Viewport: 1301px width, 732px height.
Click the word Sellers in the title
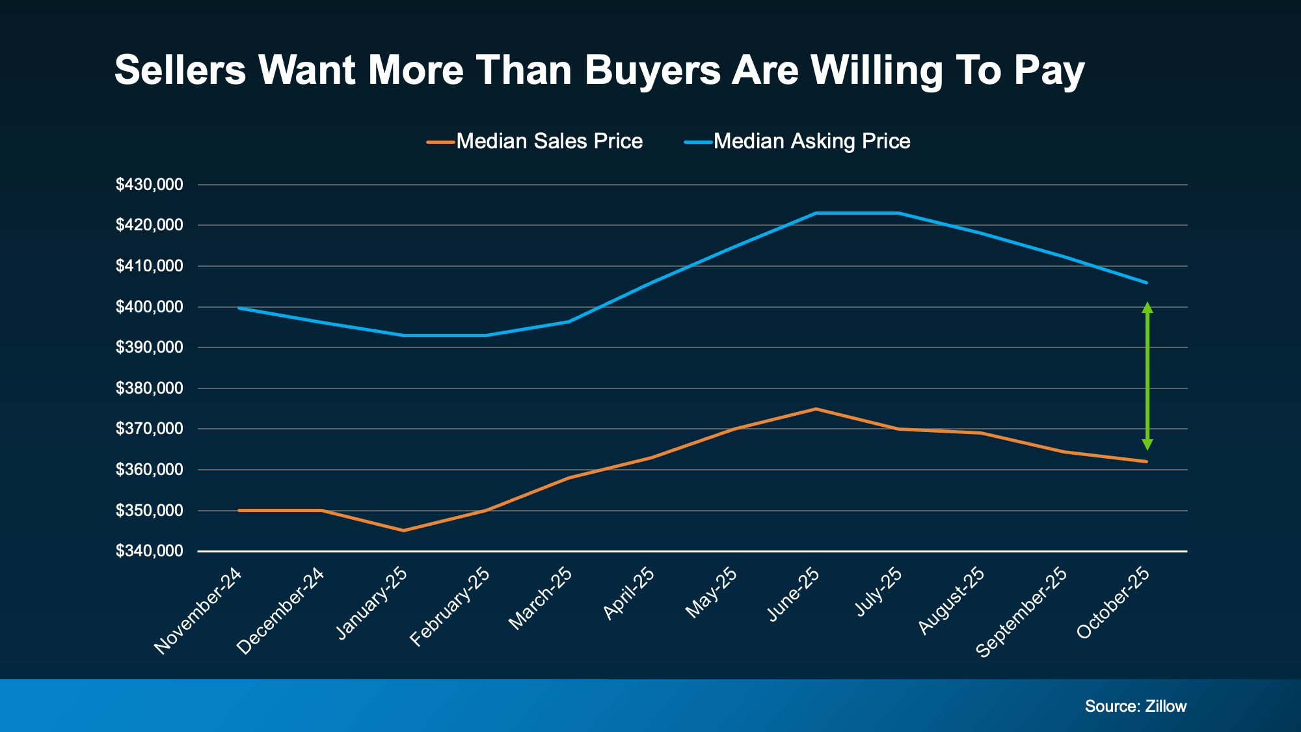point(180,70)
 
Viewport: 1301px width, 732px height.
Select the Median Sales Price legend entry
point(535,141)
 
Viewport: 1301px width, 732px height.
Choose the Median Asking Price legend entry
point(798,141)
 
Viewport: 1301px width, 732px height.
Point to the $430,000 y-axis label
point(149,185)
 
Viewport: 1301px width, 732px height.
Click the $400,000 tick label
point(149,307)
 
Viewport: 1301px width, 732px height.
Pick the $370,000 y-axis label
point(149,429)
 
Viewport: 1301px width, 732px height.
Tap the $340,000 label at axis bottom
point(149,551)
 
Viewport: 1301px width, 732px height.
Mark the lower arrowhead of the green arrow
point(1147,444)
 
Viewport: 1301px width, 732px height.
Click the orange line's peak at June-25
point(816,409)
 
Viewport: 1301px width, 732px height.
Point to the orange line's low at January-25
point(404,530)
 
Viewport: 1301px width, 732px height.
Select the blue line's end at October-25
point(1146,282)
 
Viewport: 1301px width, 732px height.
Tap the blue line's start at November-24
point(239,308)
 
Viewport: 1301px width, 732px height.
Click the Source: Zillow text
point(1135,706)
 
